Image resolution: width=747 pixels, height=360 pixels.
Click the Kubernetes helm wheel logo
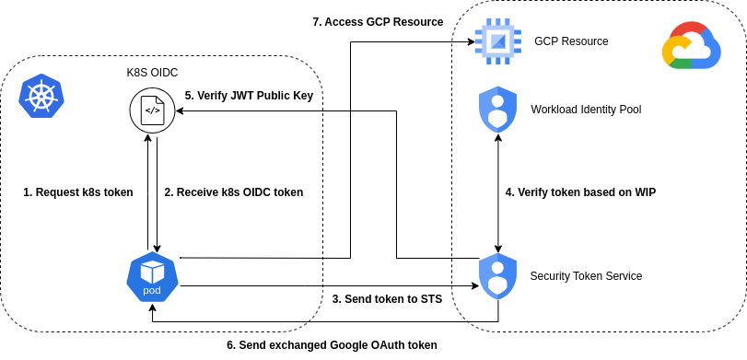point(42,96)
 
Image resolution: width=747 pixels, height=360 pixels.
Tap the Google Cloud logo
point(691,47)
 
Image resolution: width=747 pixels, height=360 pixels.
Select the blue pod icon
point(152,275)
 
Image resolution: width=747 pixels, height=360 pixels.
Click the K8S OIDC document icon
point(152,110)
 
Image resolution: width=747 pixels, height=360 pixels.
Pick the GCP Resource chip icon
point(497,41)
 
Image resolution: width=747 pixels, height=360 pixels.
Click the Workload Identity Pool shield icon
point(497,110)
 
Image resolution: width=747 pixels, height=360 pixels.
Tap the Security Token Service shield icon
point(497,275)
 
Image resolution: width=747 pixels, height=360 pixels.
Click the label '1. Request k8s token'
point(78,192)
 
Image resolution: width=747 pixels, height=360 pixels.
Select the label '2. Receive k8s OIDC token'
point(233,192)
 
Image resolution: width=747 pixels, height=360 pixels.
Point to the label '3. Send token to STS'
point(387,299)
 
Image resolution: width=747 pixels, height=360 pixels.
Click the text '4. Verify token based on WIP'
point(580,192)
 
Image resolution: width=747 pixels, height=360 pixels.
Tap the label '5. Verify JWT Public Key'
point(249,95)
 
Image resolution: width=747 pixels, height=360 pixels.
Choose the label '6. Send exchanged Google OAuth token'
point(332,345)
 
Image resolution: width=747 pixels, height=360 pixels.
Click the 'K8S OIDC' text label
point(152,73)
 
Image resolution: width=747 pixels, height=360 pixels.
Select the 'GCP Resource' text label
point(571,41)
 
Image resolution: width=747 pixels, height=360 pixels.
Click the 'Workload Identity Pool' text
point(586,110)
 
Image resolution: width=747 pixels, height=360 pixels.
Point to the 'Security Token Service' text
point(586,275)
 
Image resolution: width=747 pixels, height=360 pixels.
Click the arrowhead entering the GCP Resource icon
point(466,41)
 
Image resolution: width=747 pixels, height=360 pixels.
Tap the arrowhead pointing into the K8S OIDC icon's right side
point(181,110)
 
